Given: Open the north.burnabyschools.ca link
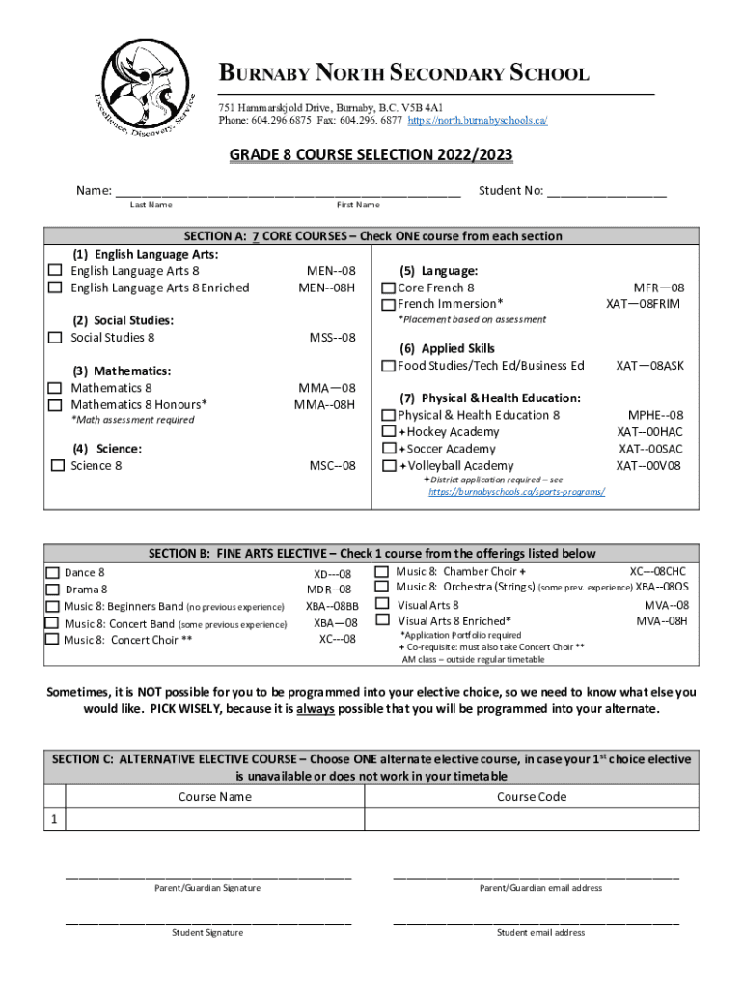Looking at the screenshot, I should coord(478,121).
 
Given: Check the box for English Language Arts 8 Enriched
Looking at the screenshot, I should coord(56,288).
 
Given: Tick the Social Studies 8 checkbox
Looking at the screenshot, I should coord(56,338).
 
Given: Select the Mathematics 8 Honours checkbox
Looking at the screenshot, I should coord(56,405).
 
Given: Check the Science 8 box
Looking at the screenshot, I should coord(57,466).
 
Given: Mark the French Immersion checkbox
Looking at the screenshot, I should coord(388,305).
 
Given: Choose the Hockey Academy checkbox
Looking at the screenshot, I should coord(388,432).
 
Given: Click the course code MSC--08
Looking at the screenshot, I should coord(332,466).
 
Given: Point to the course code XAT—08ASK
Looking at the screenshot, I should coord(649,366).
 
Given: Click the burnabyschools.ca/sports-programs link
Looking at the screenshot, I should coord(517,492).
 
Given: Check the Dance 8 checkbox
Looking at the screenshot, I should coord(54,573).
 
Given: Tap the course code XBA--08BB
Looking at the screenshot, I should coord(332,606).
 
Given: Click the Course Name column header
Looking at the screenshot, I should coord(214,796).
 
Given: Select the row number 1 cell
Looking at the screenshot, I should coord(55,819).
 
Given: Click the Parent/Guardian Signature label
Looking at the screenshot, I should coord(207,888).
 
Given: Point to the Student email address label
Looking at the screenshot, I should coord(540,933).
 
